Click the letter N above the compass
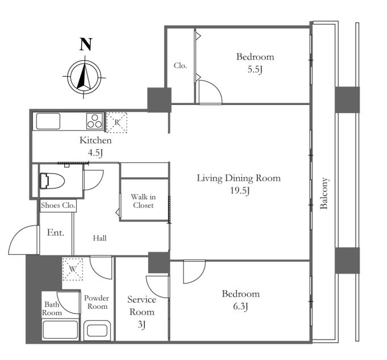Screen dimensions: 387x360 (86, 44)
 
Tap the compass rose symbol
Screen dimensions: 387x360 (85, 77)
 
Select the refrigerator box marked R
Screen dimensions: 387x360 (116, 123)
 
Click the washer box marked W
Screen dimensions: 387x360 (73, 269)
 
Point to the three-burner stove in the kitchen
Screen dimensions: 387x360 (94, 121)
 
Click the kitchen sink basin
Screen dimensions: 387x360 (48, 121)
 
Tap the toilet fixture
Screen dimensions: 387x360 (52, 181)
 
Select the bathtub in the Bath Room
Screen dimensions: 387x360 (60, 330)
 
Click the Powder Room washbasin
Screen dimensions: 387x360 (97, 330)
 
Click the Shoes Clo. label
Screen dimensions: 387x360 (58, 205)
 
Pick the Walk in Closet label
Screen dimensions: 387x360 (143, 201)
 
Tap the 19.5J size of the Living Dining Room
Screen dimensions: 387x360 (240, 191)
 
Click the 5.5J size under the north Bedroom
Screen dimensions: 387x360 (255, 69)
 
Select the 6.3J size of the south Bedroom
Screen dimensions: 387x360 (240, 307)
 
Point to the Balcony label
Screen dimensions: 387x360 (324, 193)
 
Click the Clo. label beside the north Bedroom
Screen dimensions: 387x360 (180, 66)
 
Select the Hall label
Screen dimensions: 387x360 (99, 238)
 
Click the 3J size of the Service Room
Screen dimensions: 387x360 (142, 324)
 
